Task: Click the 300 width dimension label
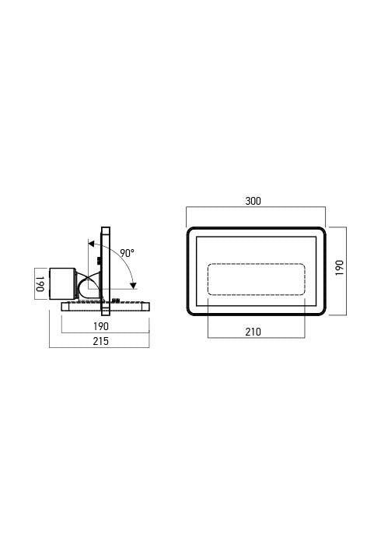click(253, 201)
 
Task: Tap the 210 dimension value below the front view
click(253, 332)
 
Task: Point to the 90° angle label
click(127, 253)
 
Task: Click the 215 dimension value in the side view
click(100, 341)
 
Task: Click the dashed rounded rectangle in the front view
click(256, 279)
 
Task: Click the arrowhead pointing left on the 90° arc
click(92, 243)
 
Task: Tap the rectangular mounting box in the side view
click(61, 283)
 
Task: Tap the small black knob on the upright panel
click(98, 262)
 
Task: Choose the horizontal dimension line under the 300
click(256, 209)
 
